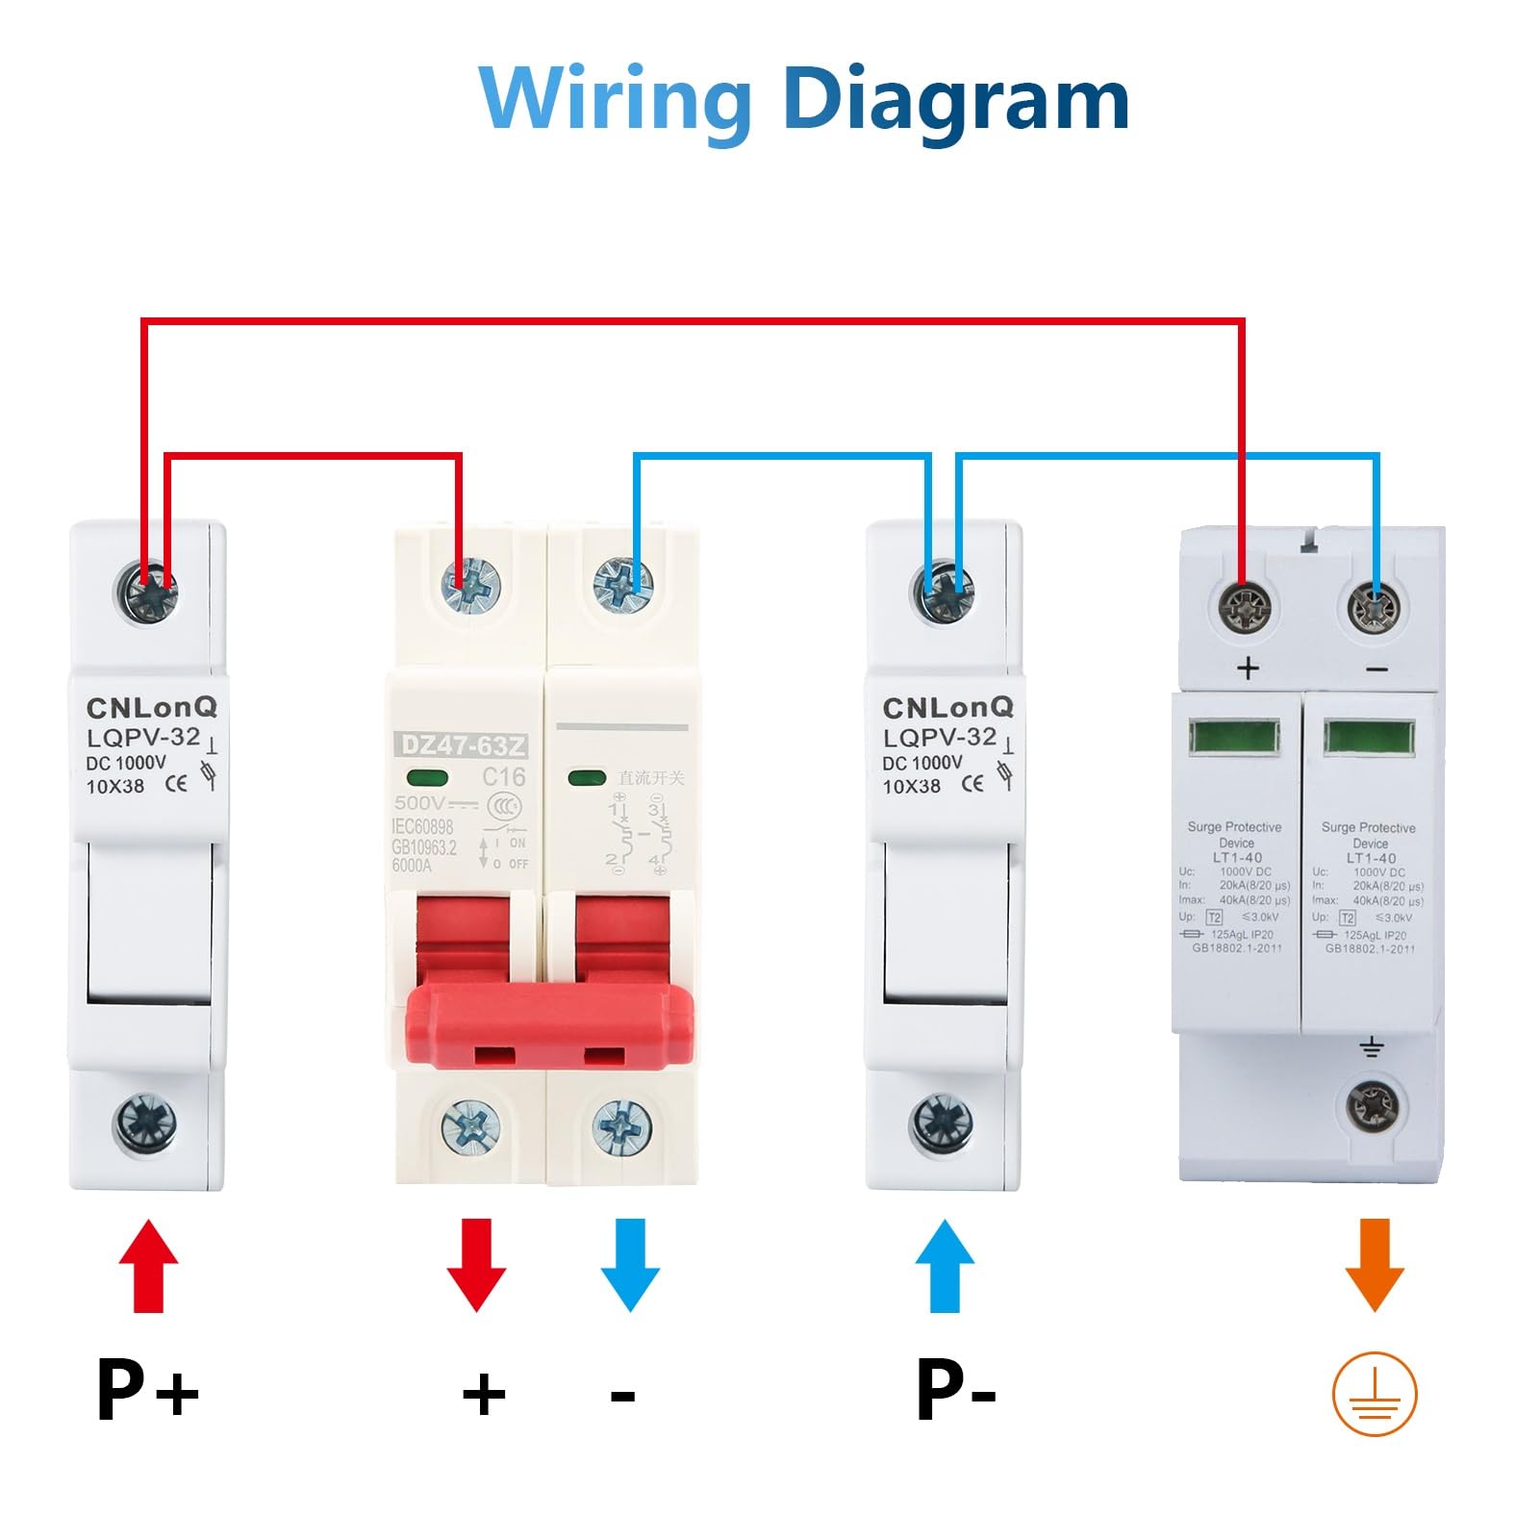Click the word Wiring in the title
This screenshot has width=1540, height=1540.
click(x=616, y=99)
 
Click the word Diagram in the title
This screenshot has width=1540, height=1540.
click(x=956, y=99)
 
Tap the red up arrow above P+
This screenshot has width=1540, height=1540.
click(x=148, y=1266)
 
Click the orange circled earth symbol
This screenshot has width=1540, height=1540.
click(x=1375, y=1394)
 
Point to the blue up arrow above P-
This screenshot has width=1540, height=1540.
click(x=945, y=1266)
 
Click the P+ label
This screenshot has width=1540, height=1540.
click(x=147, y=1389)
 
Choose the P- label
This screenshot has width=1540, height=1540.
click(x=954, y=1389)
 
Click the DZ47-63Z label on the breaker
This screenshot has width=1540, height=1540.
click(x=463, y=745)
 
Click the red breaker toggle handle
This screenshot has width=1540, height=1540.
click(x=549, y=1025)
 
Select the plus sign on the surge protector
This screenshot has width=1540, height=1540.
click(x=1248, y=668)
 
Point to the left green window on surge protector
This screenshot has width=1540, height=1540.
click(x=1235, y=738)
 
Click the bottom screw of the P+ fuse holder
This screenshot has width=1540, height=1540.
click(x=145, y=1123)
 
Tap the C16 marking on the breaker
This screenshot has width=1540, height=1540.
click(x=503, y=777)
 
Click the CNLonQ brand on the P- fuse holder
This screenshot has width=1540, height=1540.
click(x=948, y=707)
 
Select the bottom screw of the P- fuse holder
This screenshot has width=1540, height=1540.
click(x=942, y=1123)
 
